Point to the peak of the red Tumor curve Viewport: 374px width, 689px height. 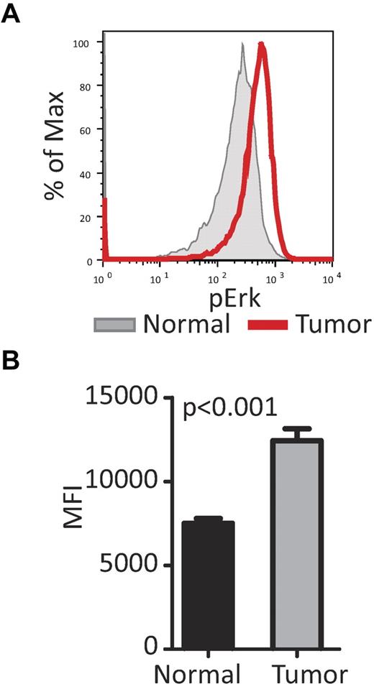pos(262,45)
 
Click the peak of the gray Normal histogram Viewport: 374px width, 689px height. pos(243,45)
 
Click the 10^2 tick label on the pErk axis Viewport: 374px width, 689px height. pos(215,276)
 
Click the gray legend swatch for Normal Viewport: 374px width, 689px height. pos(114,325)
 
